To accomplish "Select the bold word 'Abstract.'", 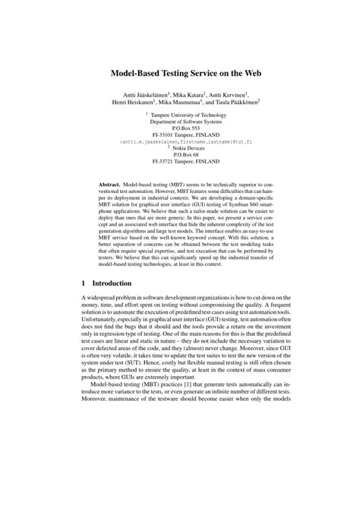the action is pos(112,185).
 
